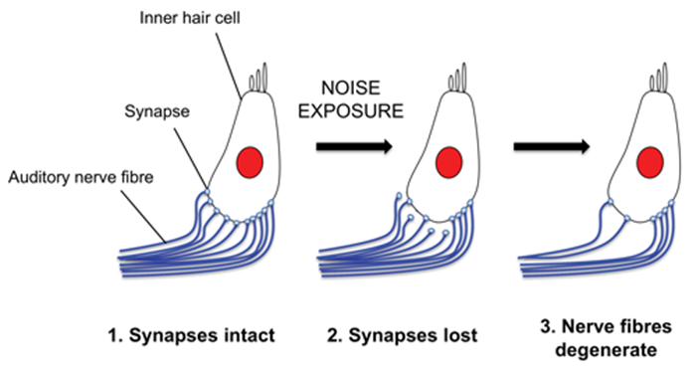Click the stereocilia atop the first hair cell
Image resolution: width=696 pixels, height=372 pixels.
(261, 76)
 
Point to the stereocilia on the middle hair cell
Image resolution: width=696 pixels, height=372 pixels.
(463, 76)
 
